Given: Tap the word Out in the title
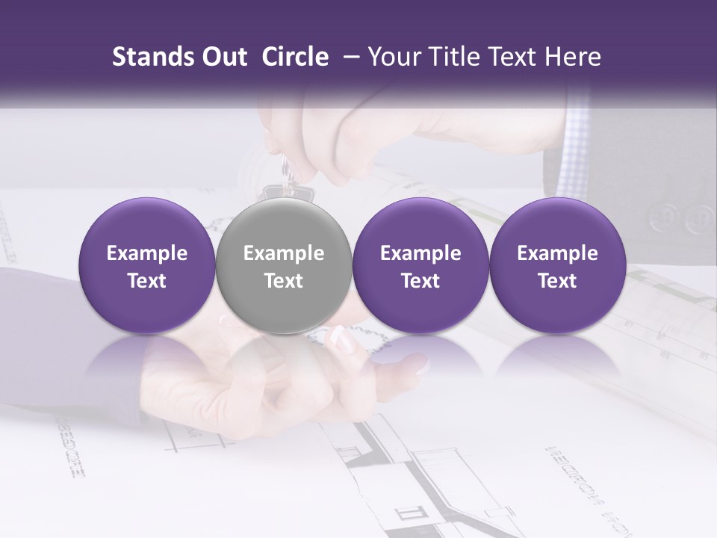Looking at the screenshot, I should pyautogui.click(x=223, y=57).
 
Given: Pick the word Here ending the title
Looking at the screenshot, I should pyautogui.click(x=575, y=57).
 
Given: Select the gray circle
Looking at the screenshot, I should pyautogui.click(x=283, y=266).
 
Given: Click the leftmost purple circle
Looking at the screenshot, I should pyautogui.click(x=146, y=266).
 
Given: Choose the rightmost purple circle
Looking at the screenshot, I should pyautogui.click(x=557, y=266).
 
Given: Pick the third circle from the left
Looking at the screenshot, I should pyautogui.click(x=420, y=266).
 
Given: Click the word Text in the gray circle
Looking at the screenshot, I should pyautogui.click(x=284, y=281).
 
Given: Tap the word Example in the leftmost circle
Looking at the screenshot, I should pyautogui.click(x=146, y=253).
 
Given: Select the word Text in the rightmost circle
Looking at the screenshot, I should pyautogui.click(x=557, y=281).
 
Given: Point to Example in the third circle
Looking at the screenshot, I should pyautogui.click(x=420, y=253).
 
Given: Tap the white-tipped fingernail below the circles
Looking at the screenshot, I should pyautogui.click(x=345, y=341).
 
